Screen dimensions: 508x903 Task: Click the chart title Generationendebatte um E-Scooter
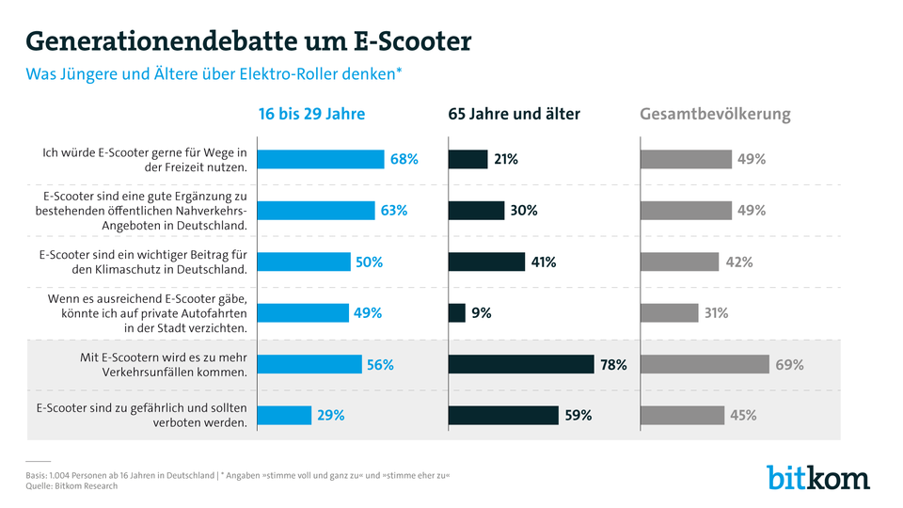(248, 41)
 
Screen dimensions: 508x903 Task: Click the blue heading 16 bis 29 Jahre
(311, 114)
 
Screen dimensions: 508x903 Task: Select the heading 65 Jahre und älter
(514, 114)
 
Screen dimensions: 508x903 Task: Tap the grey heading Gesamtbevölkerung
(715, 114)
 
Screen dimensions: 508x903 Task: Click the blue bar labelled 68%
(321, 159)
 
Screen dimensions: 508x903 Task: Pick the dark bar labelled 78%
(521, 364)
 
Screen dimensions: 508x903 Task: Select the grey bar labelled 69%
(705, 364)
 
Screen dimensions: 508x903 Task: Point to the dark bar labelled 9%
(457, 312)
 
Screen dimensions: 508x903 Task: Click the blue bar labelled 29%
(285, 415)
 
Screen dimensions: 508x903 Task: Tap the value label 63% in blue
(393, 211)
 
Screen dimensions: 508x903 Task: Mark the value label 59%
(577, 415)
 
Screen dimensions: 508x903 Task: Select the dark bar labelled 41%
(486, 262)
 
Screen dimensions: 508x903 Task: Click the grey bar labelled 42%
(679, 262)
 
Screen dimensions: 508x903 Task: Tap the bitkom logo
(817, 477)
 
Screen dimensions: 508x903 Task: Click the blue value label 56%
(380, 364)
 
